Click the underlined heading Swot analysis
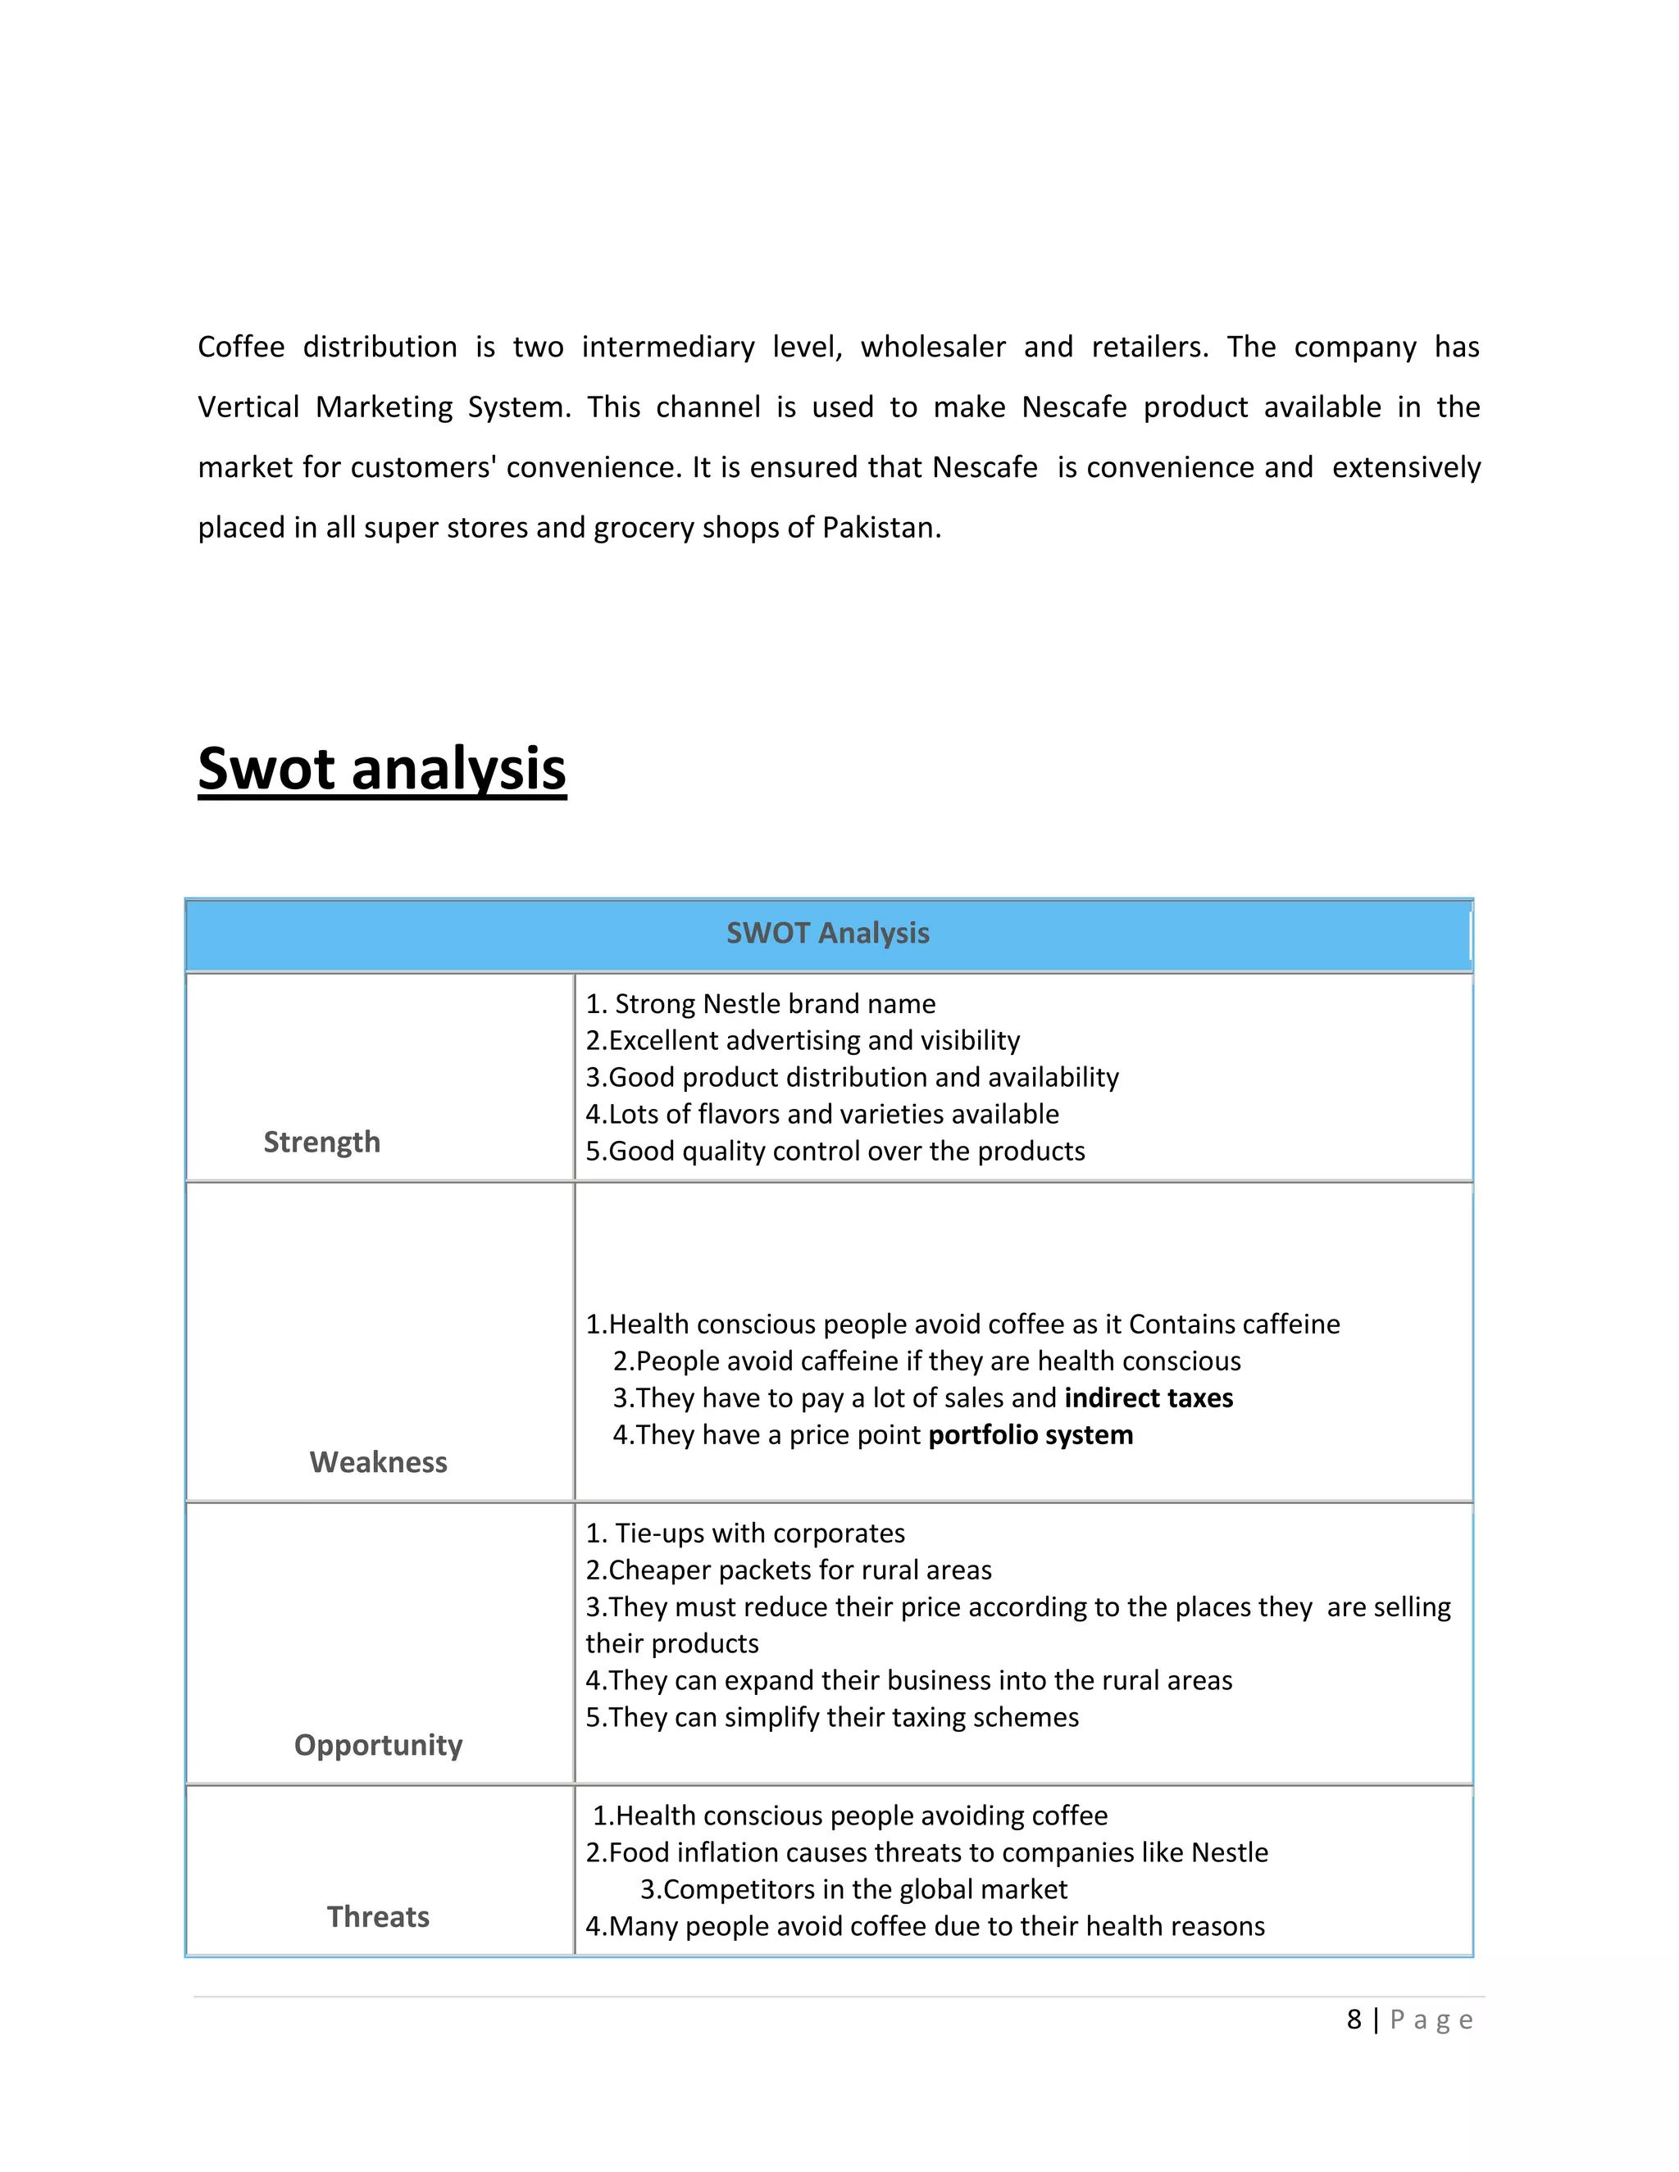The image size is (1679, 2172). [x=382, y=769]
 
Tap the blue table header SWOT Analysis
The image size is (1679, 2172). [x=827, y=933]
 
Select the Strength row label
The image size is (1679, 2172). [x=321, y=1142]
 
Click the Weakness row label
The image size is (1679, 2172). [x=378, y=1462]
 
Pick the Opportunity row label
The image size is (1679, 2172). [x=378, y=1744]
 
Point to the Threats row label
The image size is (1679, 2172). [x=378, y=1916]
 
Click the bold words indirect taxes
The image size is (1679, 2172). [x=1148, y=1398]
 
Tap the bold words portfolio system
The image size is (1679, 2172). [x=1031, y=1435]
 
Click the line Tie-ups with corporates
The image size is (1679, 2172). [x=746, y=1533]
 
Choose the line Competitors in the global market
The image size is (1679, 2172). [x=853, y=1888]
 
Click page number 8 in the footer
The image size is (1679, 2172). [x=1354, y=2020]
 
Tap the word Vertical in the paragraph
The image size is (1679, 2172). [x=248, y=407]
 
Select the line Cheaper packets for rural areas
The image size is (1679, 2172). [x=789, y=1570]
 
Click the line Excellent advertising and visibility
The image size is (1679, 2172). [x=803, y=1040]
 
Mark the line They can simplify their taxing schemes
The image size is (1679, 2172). [x=833, y=1716]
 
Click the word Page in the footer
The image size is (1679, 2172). [x=1431, y=2020]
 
